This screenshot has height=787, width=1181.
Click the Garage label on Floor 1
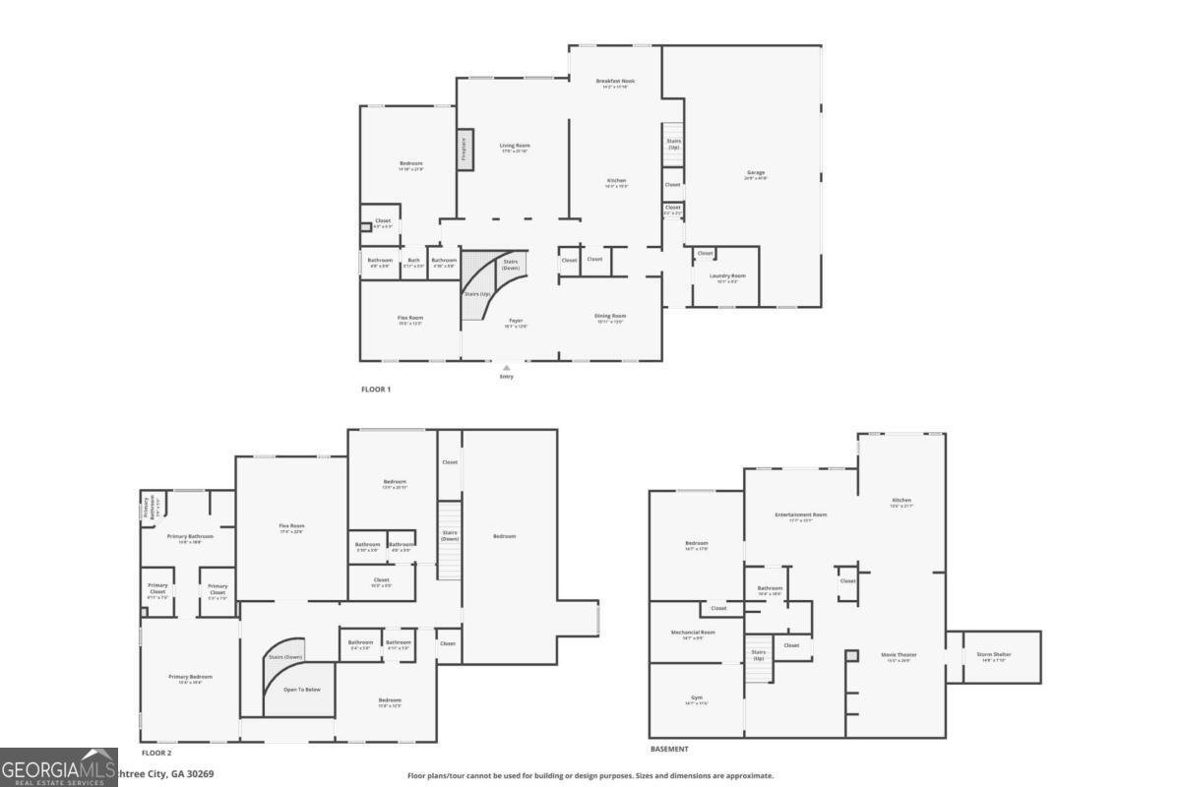pyautogui.click(x=755, y=174)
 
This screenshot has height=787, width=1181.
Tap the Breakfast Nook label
pyautogui.click(x=615, y=83)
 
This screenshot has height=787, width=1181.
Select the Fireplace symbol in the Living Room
pyautogui.click(x=465, y=147)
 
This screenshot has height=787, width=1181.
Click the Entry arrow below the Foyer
pyautogui.click(x=506, y=369)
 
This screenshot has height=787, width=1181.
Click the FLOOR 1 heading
pyautogui.click(x=376, y=390)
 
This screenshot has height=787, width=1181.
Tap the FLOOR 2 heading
pyautogui.click(x=155, y=752)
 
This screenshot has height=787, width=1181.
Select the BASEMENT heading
pyautogui.click(x=669, y=735)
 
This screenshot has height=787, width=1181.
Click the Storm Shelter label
pyautogui.click(x=993, y=655)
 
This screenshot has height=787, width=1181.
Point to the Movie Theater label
pyautogui.click(x=900, y=656)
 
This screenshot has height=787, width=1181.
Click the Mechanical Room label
pyautogui.click(x=693, y=634)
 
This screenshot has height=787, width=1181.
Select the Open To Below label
pyautogui.click(x=301, y=690)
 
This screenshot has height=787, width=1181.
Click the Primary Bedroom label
pyautogui.click(x=190, y=678)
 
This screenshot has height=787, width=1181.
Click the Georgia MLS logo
pyautogui.click(x=59, y=766)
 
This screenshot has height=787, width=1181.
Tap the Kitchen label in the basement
pyautogui.click(x=901, y=503)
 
